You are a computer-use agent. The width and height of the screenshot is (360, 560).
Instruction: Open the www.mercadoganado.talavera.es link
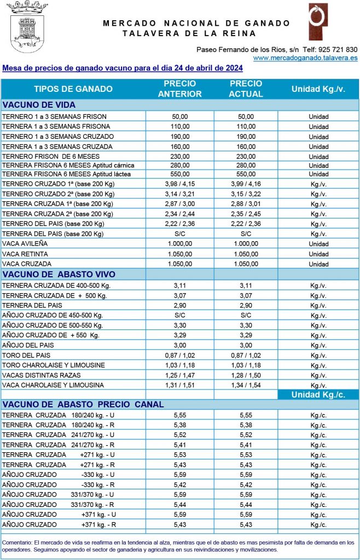pyautogui.click(x=305, y=57)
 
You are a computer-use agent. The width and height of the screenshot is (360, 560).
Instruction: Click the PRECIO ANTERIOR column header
pyautogui.click(x=179, y=89)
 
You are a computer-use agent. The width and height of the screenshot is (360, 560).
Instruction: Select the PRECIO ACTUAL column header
pyautogui.click(x=246, y=89)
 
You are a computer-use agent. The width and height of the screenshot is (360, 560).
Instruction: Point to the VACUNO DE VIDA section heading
pyautogui.click(x=39, y=105)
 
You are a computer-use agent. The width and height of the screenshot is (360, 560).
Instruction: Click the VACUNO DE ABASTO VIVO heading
pyautogui.click(x=59, y=274)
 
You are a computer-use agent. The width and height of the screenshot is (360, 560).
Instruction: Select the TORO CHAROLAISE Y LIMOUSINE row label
pyautogui.click(x=53, y=365)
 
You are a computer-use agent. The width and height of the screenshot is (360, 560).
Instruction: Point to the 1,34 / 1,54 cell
pyautogui.click(x=246, y=385)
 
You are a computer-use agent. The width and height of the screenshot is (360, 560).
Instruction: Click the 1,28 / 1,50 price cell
pyautogui.click(x=246, y=375)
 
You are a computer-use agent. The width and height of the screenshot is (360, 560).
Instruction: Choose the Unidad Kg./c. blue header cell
pyautogui.click(x=318, y=394)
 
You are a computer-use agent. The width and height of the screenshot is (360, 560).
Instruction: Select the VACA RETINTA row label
pyautogui.click(x=25, y=254)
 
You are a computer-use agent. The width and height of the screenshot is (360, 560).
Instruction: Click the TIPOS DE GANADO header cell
pyautogui.click(x=73, y=89)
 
